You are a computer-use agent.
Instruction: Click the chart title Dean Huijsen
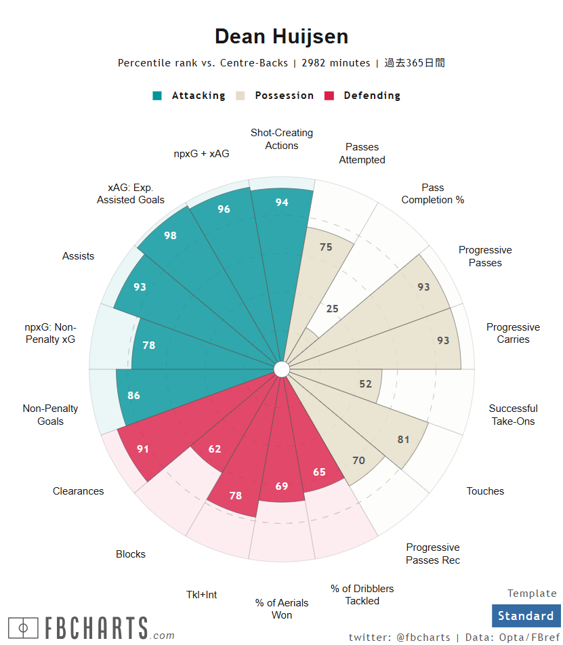tap(281, 37)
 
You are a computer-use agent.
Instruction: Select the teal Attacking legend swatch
tap(157, 96)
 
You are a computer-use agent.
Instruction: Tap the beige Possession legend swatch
tap(241, 96)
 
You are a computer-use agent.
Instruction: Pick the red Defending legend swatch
tap(329, 96)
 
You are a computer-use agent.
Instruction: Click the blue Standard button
tap(526, 616)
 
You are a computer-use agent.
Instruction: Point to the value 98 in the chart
tap(170, 236)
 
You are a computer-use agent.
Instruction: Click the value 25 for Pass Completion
tap(332, 309)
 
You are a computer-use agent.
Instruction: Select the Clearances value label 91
tap(143, 449)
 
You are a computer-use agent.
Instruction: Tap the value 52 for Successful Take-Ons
tap(366, 384)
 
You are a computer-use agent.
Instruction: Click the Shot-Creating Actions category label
tap(282, 139)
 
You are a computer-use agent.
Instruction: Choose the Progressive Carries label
tap(513, 333)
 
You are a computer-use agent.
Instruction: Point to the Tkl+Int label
tap(202, 595)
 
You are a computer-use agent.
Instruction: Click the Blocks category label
tap(131, 554)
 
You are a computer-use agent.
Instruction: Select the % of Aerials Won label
tap(282, 608)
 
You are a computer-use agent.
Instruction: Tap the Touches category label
tap(485, 491)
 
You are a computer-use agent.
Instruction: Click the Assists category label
tap(79, 256)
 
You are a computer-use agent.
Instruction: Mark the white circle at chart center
tap(282, 369)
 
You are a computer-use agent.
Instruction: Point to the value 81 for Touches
tap(404, 440)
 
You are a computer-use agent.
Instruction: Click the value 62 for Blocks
tap(215, 449)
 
